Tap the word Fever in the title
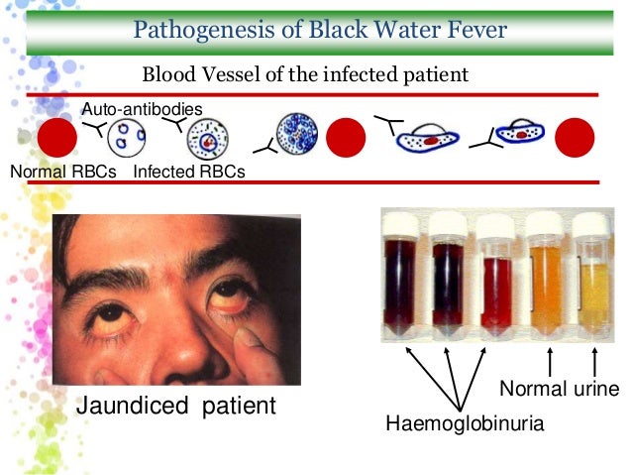(x=471, y=30)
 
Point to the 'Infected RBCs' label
(x=188, y=173)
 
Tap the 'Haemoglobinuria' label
(x=466, y=424)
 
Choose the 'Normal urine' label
(x=559, y=386)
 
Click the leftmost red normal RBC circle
(x=56, y=139)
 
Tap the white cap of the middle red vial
(x=494, y=224)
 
